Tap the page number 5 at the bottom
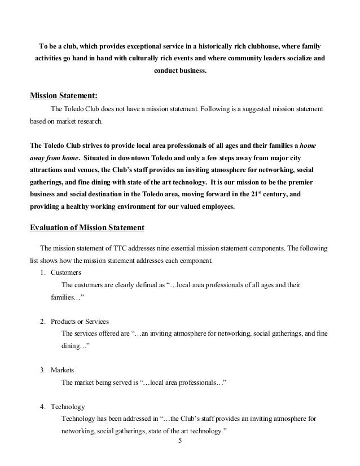click(x=180, y=441)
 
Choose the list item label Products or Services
click(x=80, y=321)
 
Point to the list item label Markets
click(x=63, y=370)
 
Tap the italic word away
click(x=38, y=158)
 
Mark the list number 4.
click(x=42, y=407)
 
